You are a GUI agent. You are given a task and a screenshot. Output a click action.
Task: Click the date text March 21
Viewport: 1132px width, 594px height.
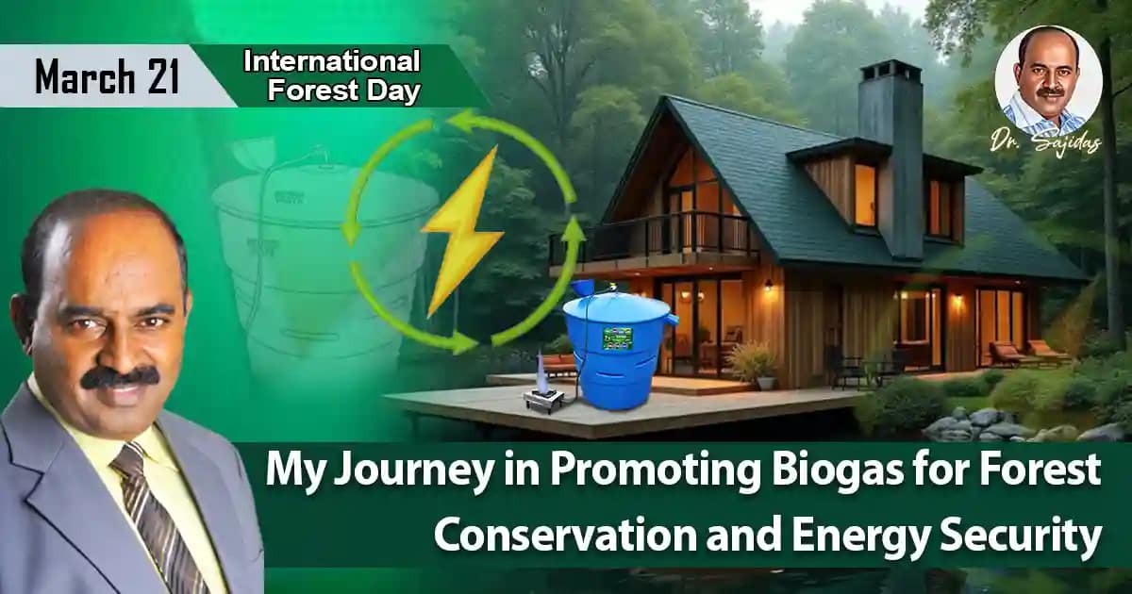click(x=107, y=76)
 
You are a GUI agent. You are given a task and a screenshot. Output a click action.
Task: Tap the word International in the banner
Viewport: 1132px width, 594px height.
click(x=331, y=61)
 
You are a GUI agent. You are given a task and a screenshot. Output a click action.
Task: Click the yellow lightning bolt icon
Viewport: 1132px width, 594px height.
click(x=461, y=231)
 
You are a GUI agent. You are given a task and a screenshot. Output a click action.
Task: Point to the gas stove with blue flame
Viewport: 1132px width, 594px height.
click(x=544, y=391)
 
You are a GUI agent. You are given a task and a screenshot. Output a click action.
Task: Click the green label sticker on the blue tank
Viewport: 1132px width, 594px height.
click(x=617, y=338)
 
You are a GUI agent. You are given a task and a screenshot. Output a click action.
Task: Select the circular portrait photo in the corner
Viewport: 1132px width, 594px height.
click(x=1048, y=81)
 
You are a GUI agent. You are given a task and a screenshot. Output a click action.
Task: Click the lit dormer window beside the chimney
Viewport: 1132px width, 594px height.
click(x=865, y=195)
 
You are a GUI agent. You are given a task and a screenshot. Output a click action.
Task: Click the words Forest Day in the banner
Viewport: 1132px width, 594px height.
click(x=344, y=91)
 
